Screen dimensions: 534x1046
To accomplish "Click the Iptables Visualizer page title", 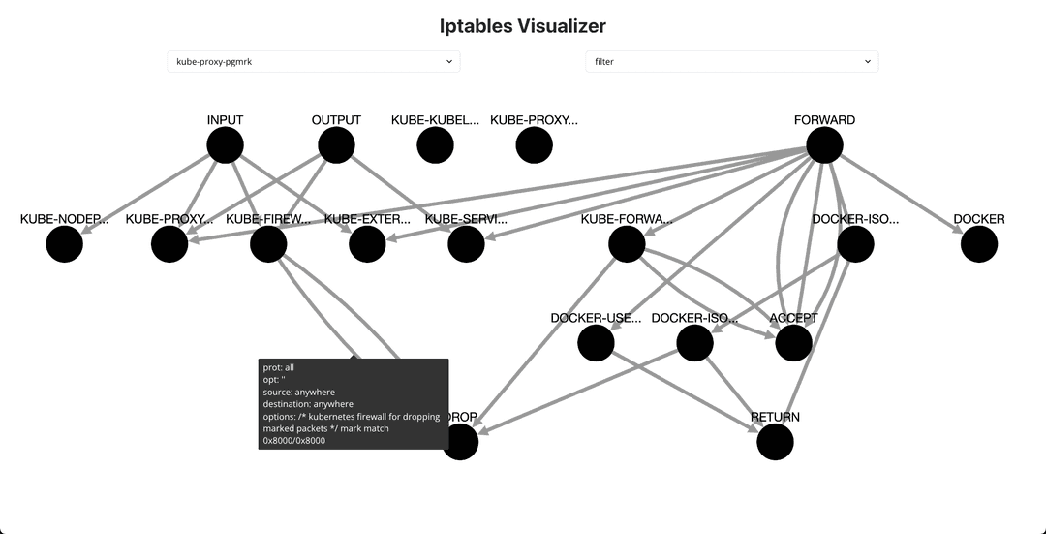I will (x=523, y=26).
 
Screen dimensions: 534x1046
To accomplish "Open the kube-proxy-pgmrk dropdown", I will (x=313, y=61).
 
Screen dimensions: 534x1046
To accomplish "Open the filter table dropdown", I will (x=731, y=61).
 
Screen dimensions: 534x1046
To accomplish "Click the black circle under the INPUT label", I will (x=225, y=145).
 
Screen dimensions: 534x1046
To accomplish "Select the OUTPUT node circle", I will (x=336, y=145).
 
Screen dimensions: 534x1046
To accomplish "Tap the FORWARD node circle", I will (x=824, y=145).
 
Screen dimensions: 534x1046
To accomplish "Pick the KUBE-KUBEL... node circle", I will (x=435, y=145).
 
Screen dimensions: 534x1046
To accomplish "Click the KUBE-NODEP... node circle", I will (x=65, y=244).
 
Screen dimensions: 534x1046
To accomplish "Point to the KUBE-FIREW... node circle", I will (x=268, y=244).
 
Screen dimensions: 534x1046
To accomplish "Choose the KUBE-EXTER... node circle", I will (x=367, y=244).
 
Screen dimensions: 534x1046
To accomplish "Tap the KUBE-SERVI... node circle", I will (x=466, y=244).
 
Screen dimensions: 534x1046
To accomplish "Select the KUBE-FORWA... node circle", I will (x=627, y=244).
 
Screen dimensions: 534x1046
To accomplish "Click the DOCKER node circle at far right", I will (x=979, y=244).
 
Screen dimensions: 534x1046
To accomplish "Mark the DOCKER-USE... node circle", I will (x=596, y=343).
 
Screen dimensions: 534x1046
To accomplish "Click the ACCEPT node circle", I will (x=793, y=343).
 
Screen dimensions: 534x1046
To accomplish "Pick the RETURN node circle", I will (x=775, y=442).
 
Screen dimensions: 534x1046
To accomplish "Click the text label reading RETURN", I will (x=775, y=418).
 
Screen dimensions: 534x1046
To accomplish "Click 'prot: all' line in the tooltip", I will (x=278, y=367).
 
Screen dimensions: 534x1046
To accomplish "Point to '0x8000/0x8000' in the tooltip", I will (x=293, y=440).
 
